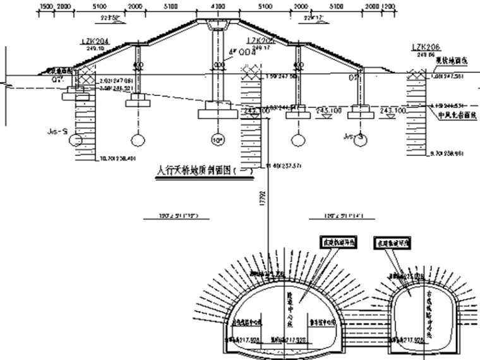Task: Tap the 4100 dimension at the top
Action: pos(217,5)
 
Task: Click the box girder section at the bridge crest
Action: pos(217,25)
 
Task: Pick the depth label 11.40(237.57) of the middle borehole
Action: pos(276,165)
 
